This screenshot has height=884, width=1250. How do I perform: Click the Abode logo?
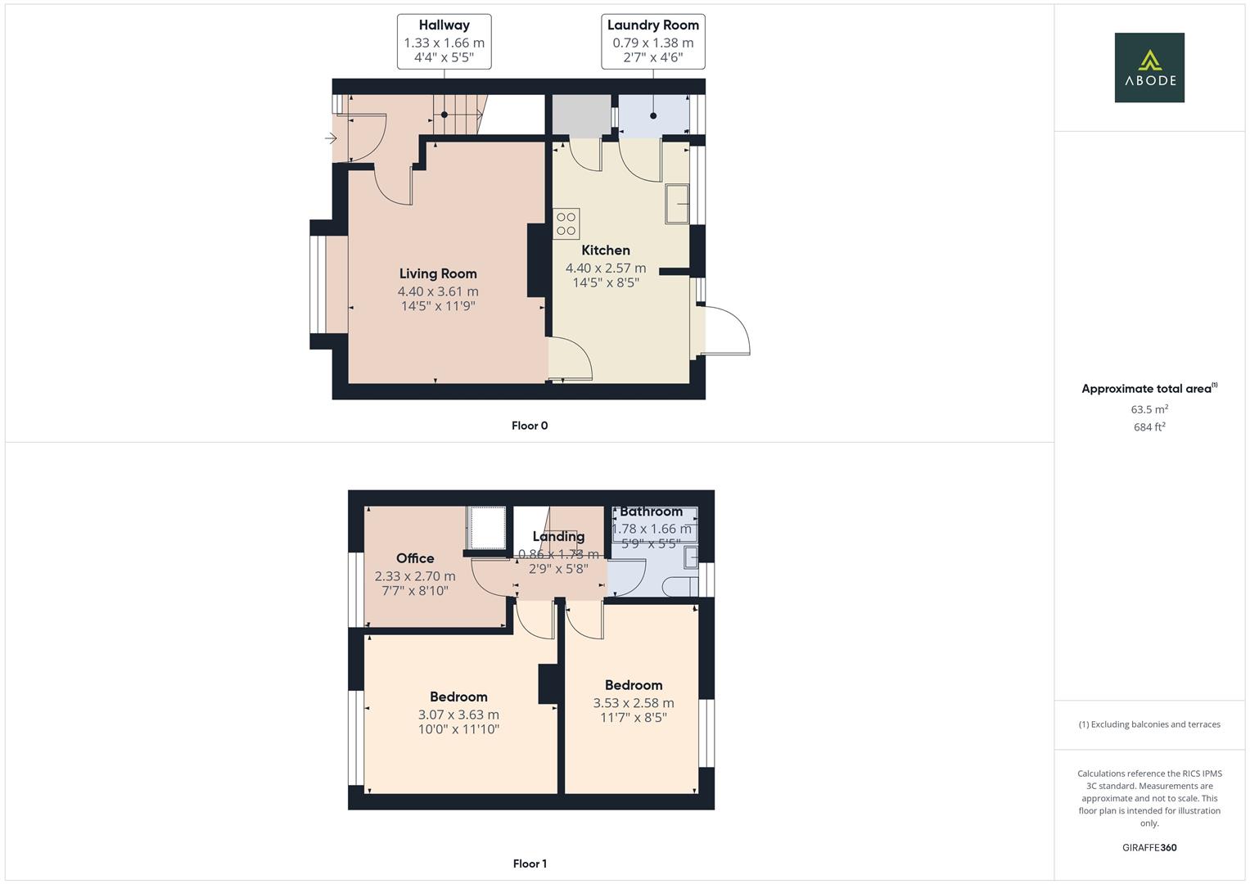(1148, 67)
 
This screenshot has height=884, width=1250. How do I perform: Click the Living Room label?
(438, 273)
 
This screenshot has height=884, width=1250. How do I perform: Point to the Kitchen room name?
(606, 250)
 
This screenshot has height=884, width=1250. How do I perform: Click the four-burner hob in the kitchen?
(566, 223)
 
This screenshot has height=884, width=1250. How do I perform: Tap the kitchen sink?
(678, 204)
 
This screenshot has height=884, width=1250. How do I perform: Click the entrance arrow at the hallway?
(331, 138)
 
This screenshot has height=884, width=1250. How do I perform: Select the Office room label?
(415, 558)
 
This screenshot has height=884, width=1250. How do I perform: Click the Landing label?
(558, 537)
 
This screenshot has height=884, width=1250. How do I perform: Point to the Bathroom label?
(651, 512)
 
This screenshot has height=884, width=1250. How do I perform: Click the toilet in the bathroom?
(679, 586)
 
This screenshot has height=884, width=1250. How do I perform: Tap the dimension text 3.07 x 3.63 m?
(458, 715)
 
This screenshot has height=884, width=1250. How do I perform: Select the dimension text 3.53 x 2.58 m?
(634, 703)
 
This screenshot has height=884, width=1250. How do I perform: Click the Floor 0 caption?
(530, 426)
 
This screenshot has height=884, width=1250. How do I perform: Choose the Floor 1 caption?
(530, 864)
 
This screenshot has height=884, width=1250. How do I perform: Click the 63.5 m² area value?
(1149, 409)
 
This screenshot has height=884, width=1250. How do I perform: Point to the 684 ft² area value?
(1149, 427)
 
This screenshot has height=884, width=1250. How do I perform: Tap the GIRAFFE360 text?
(1149, 848)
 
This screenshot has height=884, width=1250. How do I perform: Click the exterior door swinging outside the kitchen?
(726, 331)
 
